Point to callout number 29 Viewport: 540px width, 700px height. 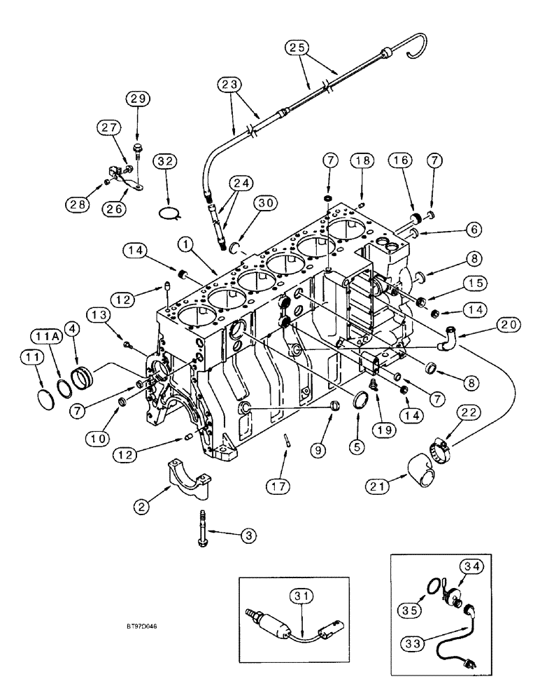point(137,99)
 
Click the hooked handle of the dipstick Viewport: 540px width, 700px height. point(413,40)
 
